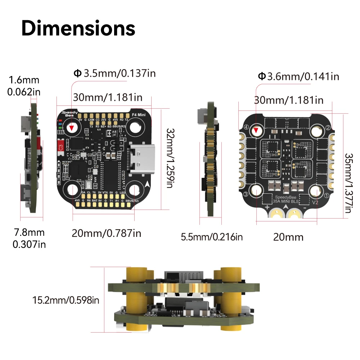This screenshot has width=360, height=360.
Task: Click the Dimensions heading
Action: click(x=78, y=28)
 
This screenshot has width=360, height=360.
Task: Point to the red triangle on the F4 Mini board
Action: click(x=72, y=127)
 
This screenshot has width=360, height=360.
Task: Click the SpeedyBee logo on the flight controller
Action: click(x=67, y=114)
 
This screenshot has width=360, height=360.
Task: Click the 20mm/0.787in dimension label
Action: click(x=106, y=233)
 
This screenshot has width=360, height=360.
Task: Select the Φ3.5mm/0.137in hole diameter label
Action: click(x=114, y=73)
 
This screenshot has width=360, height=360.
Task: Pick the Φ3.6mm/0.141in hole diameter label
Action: click(x=298, y=76)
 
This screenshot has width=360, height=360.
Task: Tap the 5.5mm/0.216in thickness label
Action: click(x=212, y=237)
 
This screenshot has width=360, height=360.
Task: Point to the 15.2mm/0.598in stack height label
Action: click(x=66, y=300)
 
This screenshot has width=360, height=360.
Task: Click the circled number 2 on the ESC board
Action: click(x=328, y=127)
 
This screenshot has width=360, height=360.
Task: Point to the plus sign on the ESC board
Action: click(x=267, y=208)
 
